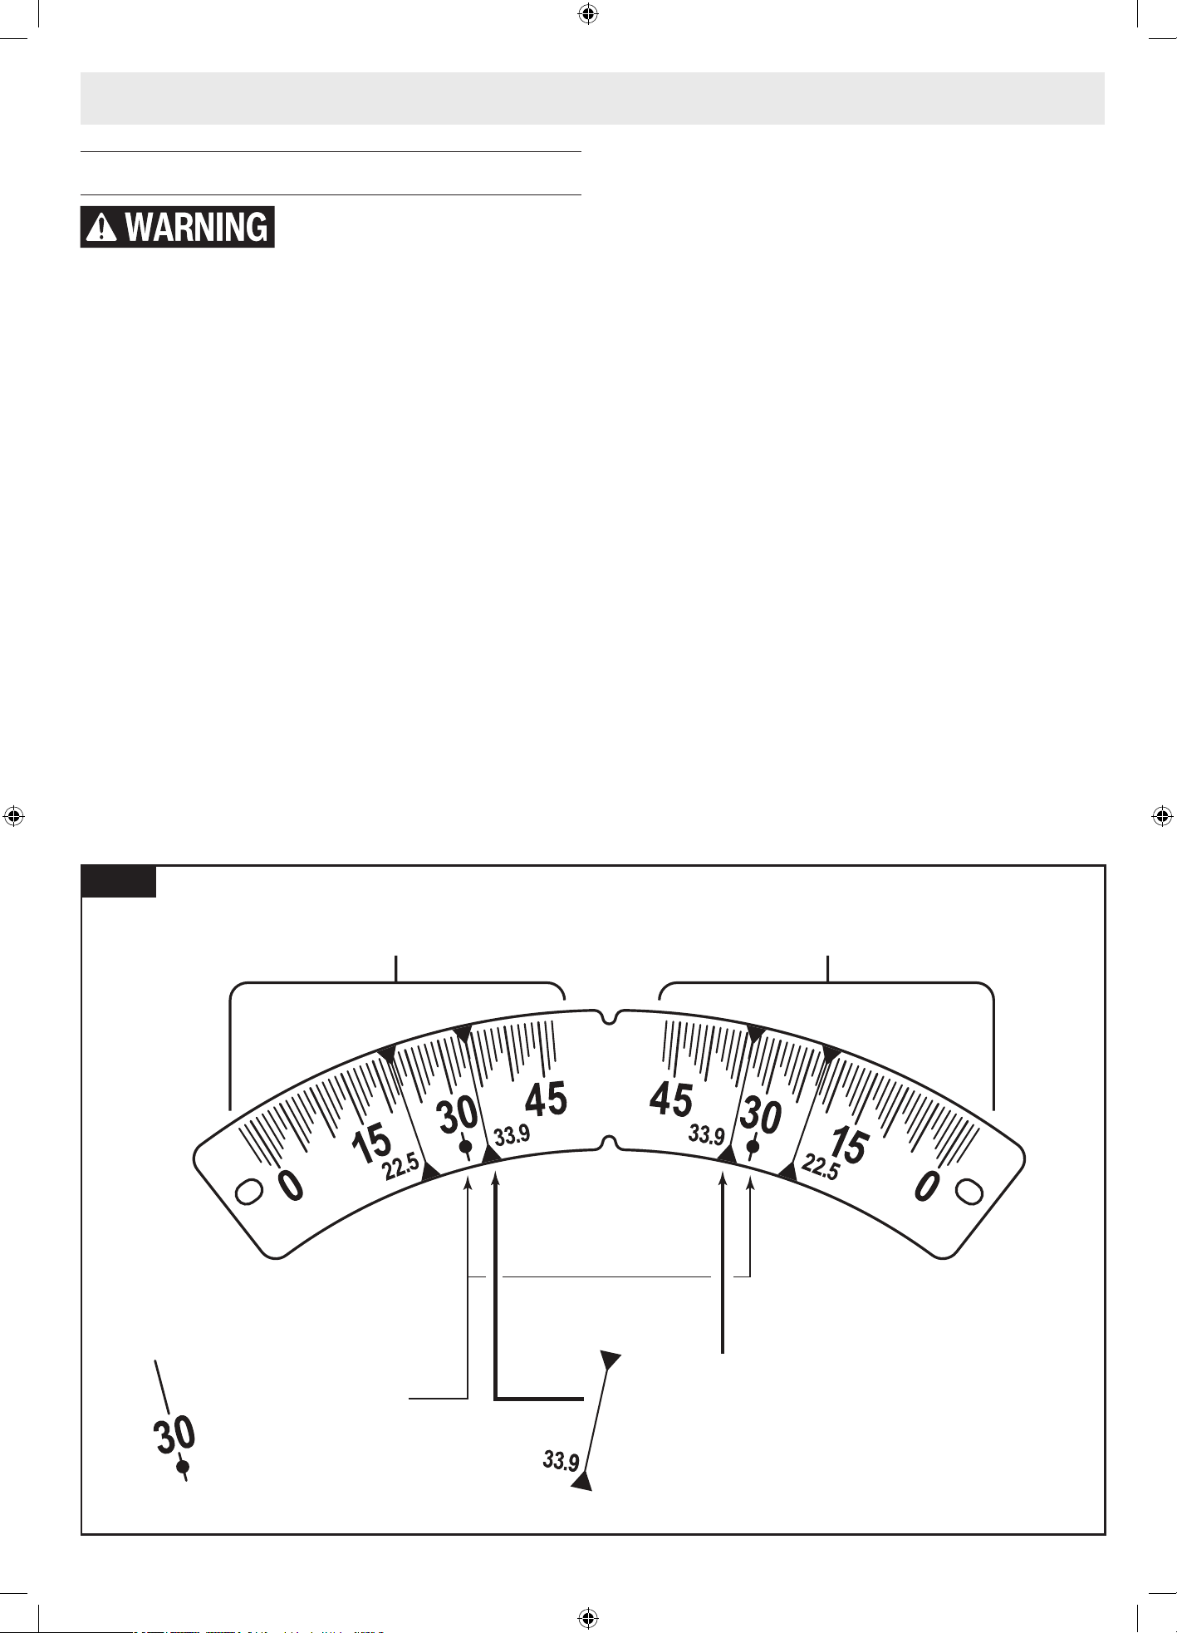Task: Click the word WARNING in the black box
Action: click(x=197, y=227)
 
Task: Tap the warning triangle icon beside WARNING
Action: click(x=101, y=227)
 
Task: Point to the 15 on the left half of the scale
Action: click(x=370, y=1144)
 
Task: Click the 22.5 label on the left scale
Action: click(x=401, y=1168)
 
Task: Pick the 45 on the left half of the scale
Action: click(x=546, y=1099)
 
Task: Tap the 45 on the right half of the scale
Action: click(x=671, y=1099)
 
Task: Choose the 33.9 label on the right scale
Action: click(x=707, y=1135)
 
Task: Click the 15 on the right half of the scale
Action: click(x=848, y=1145)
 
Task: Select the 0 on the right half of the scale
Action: click(x=928, y=1185)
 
